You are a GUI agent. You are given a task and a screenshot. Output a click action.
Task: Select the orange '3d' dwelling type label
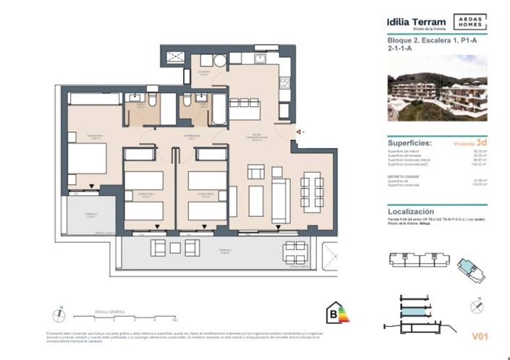click(x=480, y=143)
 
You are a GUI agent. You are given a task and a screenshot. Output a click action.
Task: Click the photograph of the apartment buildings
click(x=437, y=87)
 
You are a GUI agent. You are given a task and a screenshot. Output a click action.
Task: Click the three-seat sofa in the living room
click(x=280, y=195)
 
